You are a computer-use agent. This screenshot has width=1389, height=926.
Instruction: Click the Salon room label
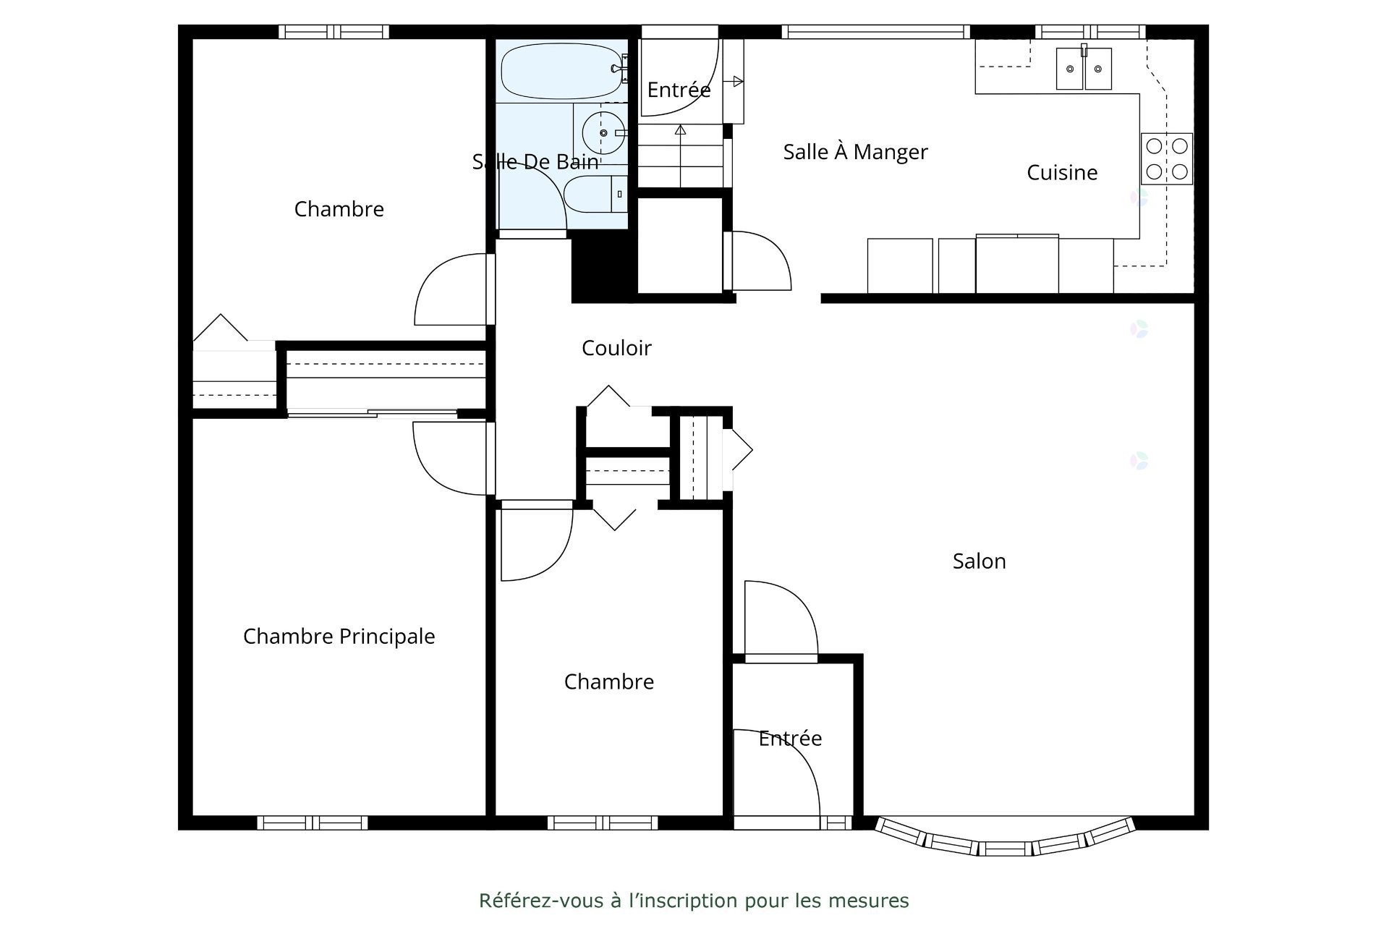pyautogui.click(x=979, y=561)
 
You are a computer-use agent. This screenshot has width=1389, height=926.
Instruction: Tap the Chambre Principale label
pyautogui.click(x=339, y=637)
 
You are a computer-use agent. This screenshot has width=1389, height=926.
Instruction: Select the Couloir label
pyautogui.click(x=616, y=349)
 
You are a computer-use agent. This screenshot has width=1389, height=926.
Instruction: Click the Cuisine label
pyautogui.click(x=1062, y=173)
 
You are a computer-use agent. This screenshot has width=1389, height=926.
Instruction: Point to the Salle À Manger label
pyautogui.click(x=855, y=153)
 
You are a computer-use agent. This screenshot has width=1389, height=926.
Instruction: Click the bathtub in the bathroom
pyautogui.click(x=561, y=72)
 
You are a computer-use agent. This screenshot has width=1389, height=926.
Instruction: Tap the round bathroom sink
pyautogui.click(x=603, y=133)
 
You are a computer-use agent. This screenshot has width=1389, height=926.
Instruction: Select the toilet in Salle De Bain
pyautogui.click(x=593, y=194)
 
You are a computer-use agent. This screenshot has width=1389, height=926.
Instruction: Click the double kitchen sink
pyautogui.click(x=1083, y=69)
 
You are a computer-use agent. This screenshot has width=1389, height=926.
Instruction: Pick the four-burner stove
pyautogui.click(x=1166, y=158)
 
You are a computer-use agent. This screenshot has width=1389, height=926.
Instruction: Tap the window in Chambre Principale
pyautogui.click(x=313, y=823)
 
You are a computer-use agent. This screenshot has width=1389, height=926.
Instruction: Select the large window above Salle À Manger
pyautogui.click(x=875, y=32)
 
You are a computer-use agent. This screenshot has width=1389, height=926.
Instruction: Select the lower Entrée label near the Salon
pyautogui.click(x=790, y=739)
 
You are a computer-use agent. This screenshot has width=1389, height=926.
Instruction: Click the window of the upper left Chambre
pyautogui.click(x=334, y=32)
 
